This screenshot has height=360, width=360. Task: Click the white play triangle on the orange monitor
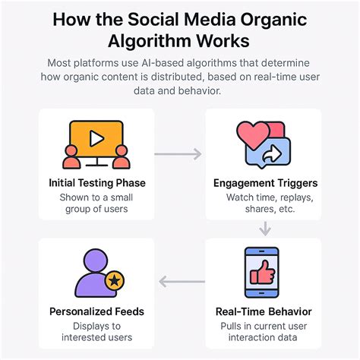tap(96, 138)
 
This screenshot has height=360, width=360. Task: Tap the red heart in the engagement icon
tap(253, 134)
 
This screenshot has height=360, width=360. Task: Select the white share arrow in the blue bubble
tap(272, 154)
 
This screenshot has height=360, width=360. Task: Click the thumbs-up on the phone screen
tap(263, 273)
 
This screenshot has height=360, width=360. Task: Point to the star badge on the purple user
tap(115, 280)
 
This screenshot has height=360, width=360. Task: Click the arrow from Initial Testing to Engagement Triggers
tap(178, 154)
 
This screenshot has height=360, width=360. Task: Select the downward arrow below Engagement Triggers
tap(265, 229)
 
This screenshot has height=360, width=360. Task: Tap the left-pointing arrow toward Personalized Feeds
tap(182, 282)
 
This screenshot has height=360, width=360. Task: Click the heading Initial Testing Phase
tap(97, 183)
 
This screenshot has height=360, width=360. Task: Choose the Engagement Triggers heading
tap(265, 183)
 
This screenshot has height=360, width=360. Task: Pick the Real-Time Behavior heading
tap(264, 311)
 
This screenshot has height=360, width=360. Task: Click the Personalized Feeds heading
tap(96, 311)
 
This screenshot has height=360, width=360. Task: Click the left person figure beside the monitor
tap(71, 157)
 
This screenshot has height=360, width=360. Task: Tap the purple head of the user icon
tap(96, 261)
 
